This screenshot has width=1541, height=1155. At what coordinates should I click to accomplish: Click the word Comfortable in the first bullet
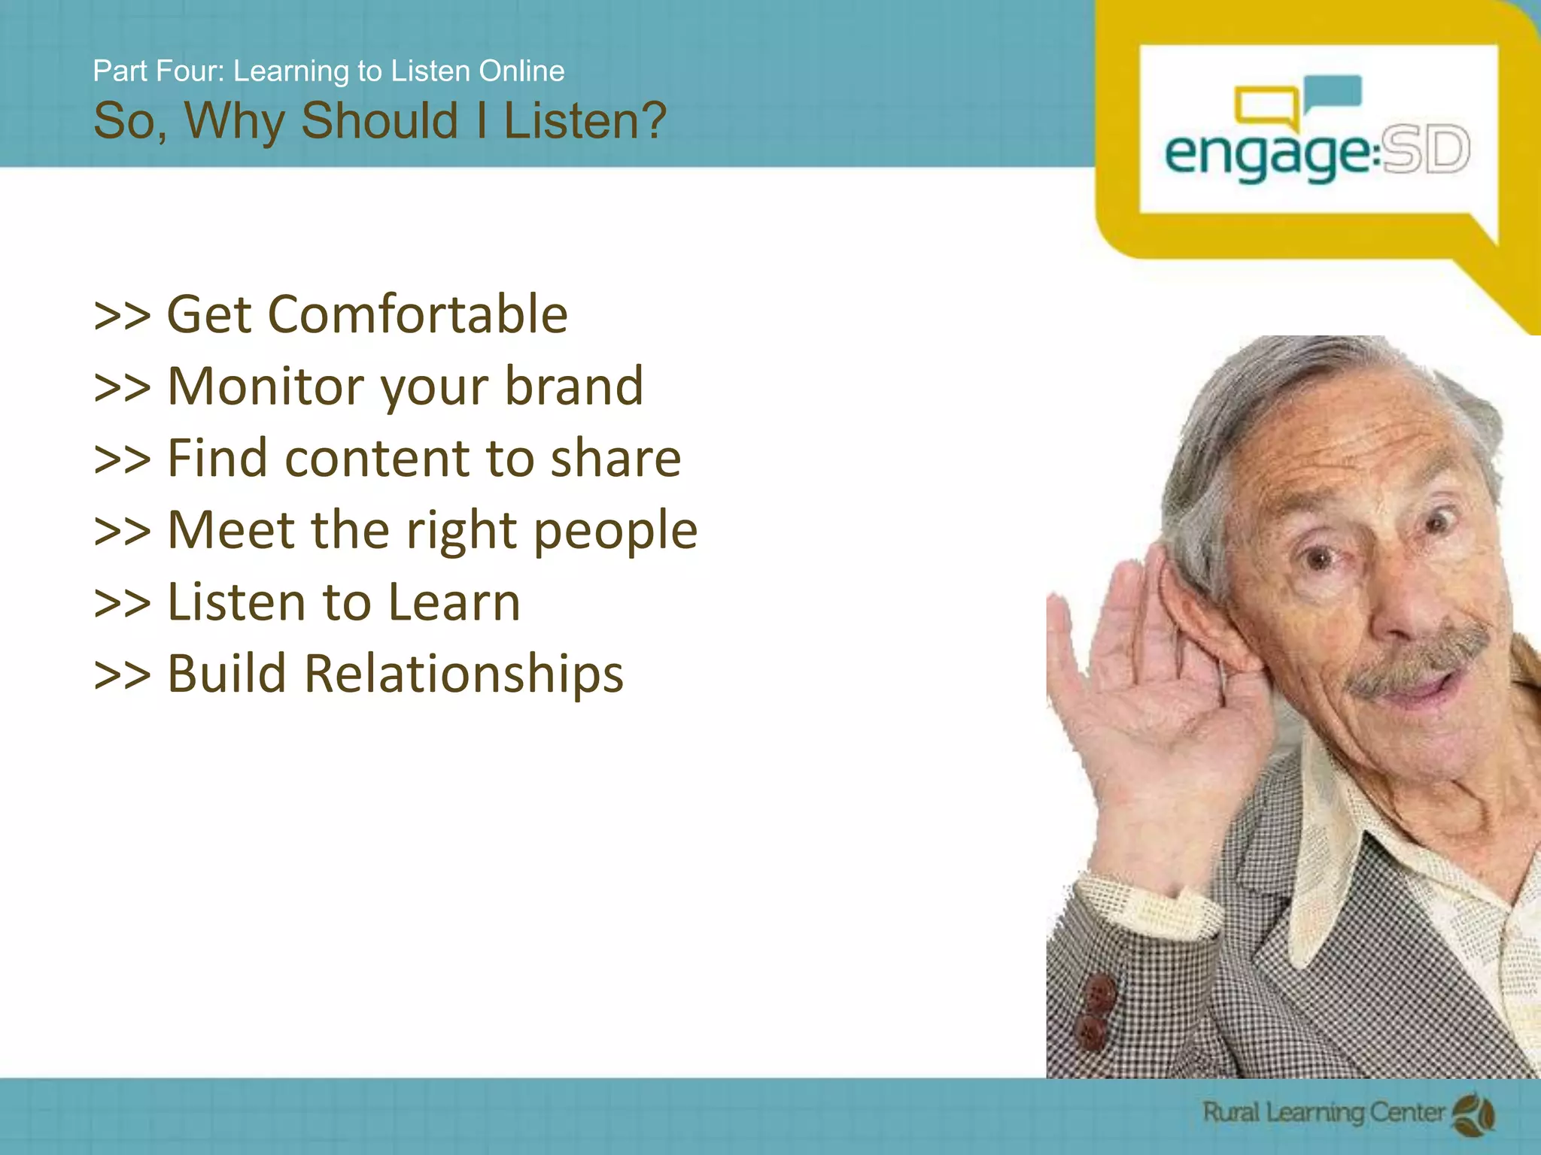tap(418, 314)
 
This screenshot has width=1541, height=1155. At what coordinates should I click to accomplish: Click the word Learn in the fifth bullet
tap(454, 602)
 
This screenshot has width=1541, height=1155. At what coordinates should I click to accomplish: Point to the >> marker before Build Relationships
tap(122, 675)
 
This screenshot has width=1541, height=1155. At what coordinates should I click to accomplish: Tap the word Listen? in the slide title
tap(585, 120)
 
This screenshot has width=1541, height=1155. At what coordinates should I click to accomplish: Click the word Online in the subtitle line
tap(521, 71)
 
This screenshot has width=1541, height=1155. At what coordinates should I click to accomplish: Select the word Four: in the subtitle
tap(191, 71)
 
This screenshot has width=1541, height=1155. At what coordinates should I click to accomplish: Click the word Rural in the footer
tap(1230, 1111)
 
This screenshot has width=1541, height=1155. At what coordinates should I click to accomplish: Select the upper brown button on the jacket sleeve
tap(1100, 993)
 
